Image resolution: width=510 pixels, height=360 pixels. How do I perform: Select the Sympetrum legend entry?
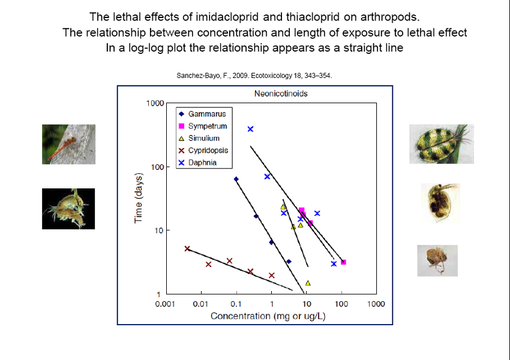pos(203,126)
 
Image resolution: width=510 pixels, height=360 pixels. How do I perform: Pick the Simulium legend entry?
pos(199,138)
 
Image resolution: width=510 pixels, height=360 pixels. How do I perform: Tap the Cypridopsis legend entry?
pos(203,150)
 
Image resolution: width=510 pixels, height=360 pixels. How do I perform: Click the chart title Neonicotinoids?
pos(281,94)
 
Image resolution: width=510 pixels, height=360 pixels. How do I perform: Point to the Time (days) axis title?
pos(139,198)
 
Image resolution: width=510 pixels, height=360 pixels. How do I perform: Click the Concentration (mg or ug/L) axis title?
pos(268,316)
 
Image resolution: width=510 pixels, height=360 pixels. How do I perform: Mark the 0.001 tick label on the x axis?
pos(165,304)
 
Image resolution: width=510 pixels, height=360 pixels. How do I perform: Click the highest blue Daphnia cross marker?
pos(250,129)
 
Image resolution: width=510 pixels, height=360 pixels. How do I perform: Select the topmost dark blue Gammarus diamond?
pos(236,179)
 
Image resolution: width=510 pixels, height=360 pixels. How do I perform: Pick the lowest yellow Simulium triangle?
pos(308,283)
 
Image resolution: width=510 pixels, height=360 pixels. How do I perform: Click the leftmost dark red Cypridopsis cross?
pos(187,249)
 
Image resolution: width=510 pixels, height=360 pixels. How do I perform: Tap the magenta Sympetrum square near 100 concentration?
pos(343,262)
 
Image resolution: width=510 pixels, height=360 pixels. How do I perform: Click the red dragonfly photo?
pos(68,144)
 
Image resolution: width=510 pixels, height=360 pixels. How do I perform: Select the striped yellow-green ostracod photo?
pos(442,144)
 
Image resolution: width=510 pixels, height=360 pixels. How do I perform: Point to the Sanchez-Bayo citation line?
pos(254,76)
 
